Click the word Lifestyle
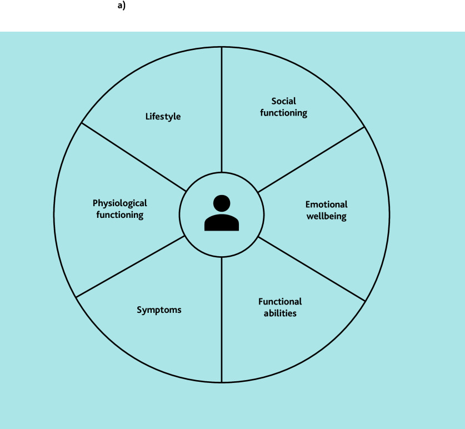click(x=163, y=117)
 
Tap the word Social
click(x=283, y=101)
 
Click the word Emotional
click(x=327, y=204)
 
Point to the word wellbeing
click(x=327, y=216)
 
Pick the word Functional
click(x=280, y=302)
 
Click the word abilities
click(x=280, y=313)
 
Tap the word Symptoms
click(x=159, y=310)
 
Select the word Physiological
click(x=119, y=203)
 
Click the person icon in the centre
click(x=222, y=213)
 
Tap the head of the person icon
click(x=222, y=203)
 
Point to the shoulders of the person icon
click(x=222, y=223)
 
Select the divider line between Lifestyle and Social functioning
click(x=222, y=111)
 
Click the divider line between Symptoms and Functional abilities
click(x=222, y=320)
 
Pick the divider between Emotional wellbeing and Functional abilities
click(x=311, y=269)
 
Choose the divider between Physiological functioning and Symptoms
click(x=131, y=266)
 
